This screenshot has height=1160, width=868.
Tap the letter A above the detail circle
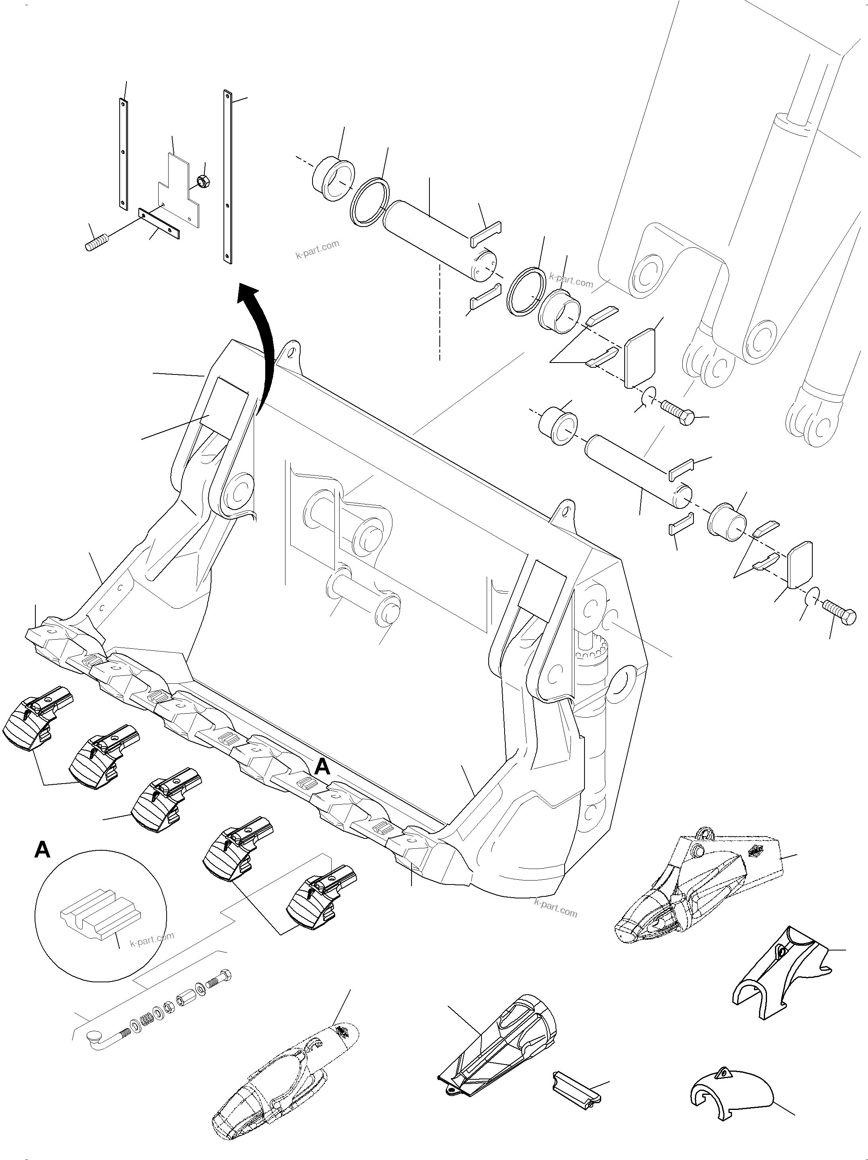[x=43, y=850]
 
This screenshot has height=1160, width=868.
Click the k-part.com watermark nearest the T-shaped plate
[x=317, y=250]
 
